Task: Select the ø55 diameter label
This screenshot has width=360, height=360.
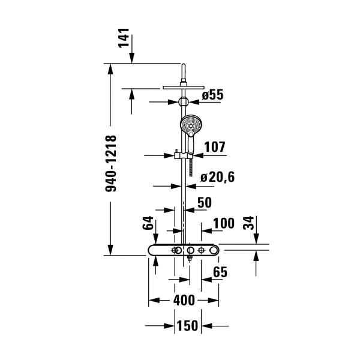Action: (212, 94)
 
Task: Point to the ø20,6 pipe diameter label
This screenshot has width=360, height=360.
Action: (217, 177)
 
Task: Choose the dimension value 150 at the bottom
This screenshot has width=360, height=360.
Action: (187, 326)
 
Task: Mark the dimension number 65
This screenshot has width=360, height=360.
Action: (220, 272)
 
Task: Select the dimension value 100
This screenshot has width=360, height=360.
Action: (223, 223)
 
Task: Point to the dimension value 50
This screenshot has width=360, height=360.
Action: (204, 202)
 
